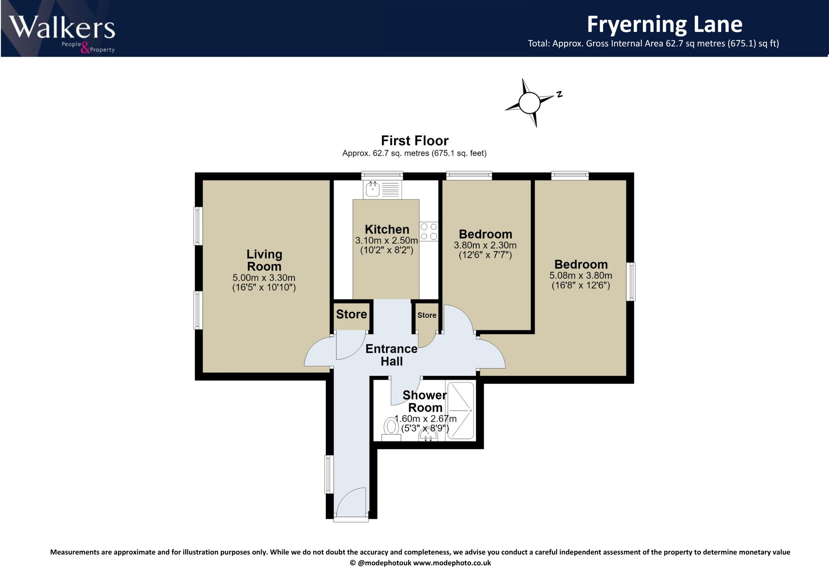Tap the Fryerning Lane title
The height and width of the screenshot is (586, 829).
[664, 24]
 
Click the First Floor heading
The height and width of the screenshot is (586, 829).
[414, 141]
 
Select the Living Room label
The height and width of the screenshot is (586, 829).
[264, 260]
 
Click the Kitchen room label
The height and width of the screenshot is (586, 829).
[387, 230]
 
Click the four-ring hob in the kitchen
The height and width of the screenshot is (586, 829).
[429, 232]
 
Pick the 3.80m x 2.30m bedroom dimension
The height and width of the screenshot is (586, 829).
[485, 245]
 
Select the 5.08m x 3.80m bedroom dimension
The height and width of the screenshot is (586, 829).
[581, 276]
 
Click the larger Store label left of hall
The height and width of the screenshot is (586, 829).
[351, 315]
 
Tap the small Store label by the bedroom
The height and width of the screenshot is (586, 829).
[427, 315]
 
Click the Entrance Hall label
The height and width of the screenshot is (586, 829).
[392, 355]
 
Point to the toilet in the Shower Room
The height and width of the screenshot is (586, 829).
[390, 429]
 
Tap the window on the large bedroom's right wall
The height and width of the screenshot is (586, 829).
[630, 281]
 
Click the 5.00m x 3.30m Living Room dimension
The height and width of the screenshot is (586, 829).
[264, 278]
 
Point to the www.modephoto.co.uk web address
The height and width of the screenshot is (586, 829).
[452, 563]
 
